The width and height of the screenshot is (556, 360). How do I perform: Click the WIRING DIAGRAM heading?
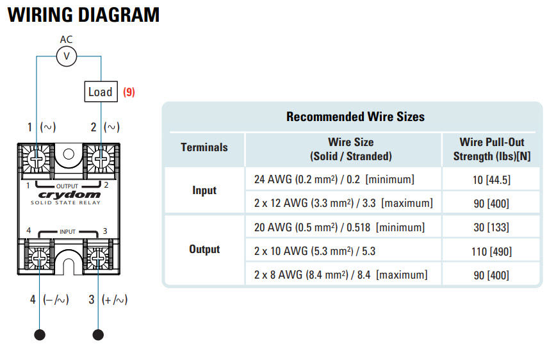(x=83, y=15)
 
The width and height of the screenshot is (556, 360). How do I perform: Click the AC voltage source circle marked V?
(x=66, y=57)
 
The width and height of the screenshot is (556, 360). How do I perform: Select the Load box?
(x=101, y=92)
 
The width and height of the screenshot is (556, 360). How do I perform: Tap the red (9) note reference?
(x=129, y=92)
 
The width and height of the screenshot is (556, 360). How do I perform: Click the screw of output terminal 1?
(x=37, y=157)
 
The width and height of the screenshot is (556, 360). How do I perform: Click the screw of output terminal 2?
(x=97, y=157)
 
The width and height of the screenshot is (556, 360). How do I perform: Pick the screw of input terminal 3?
(x=97, y=258)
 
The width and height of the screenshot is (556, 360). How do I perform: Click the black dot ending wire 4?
(x=40, y=334)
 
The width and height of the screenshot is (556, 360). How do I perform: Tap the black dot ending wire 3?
(x=98, y=334)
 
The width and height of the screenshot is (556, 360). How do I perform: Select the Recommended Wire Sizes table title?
(x=355, y=117)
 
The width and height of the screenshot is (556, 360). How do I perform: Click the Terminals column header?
(x=204, y=147)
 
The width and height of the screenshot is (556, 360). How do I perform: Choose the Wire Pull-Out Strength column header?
(x=491, y=149)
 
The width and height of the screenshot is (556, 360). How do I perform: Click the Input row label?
(x=204, y=190)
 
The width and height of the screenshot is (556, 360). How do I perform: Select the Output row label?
(x=204, y=249)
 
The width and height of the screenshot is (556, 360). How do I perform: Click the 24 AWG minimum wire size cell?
(x=334, y=179)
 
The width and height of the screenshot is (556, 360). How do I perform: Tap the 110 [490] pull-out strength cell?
(x=491, y=252)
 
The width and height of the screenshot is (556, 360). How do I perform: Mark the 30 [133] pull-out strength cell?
(x=491, y=227)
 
